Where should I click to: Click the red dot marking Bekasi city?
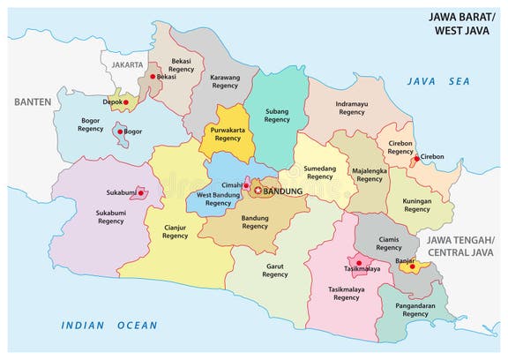click(x=153, y=77)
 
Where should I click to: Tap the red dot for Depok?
click(x=126, y=102)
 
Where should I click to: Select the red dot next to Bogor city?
click(x=119, y=131)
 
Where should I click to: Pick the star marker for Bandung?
click(x=258, y=191)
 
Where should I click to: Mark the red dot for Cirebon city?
click(x=416, y=159)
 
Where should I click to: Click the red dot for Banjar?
click(x=409, y=265)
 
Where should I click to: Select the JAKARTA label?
click(x=125, y=64)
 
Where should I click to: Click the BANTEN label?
click(x=32, y=102)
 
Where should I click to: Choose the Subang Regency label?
click(x=277, y=114)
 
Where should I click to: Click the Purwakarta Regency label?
click(x=227, y=133)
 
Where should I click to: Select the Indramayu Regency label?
click(x=351, y=108)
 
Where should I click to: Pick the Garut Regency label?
click(x=275, y=269)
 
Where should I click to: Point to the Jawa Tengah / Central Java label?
click(x=459, y=246)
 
